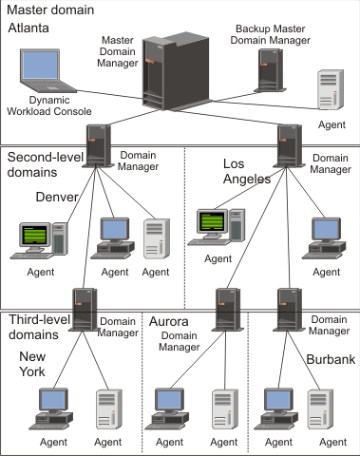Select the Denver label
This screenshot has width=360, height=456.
[55, 197]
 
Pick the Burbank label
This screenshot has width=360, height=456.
[330, 360]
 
